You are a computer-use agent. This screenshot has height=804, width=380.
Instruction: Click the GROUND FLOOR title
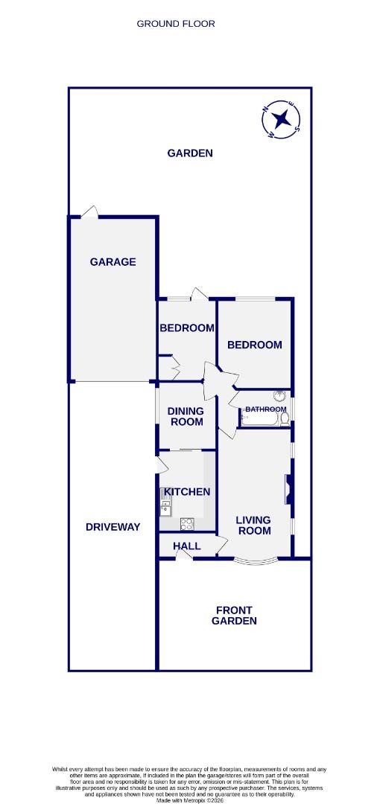176,24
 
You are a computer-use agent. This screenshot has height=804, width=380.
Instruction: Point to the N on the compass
266,110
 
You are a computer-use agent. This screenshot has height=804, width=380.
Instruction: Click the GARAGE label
113,262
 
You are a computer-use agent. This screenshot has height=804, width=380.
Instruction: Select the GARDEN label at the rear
190,153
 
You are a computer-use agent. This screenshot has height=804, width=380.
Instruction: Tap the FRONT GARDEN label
235,615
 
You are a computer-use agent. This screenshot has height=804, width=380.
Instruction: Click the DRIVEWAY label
113,527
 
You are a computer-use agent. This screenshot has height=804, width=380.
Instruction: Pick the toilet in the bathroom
283,420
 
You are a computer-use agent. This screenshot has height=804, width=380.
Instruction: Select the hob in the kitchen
187,523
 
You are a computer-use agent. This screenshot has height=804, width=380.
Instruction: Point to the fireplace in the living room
286,491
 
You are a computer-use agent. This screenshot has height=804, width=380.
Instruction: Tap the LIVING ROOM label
253,526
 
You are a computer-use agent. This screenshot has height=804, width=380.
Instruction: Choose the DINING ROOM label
186,416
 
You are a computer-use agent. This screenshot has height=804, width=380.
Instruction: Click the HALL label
186,546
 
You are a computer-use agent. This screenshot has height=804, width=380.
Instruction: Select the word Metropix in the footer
186,800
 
